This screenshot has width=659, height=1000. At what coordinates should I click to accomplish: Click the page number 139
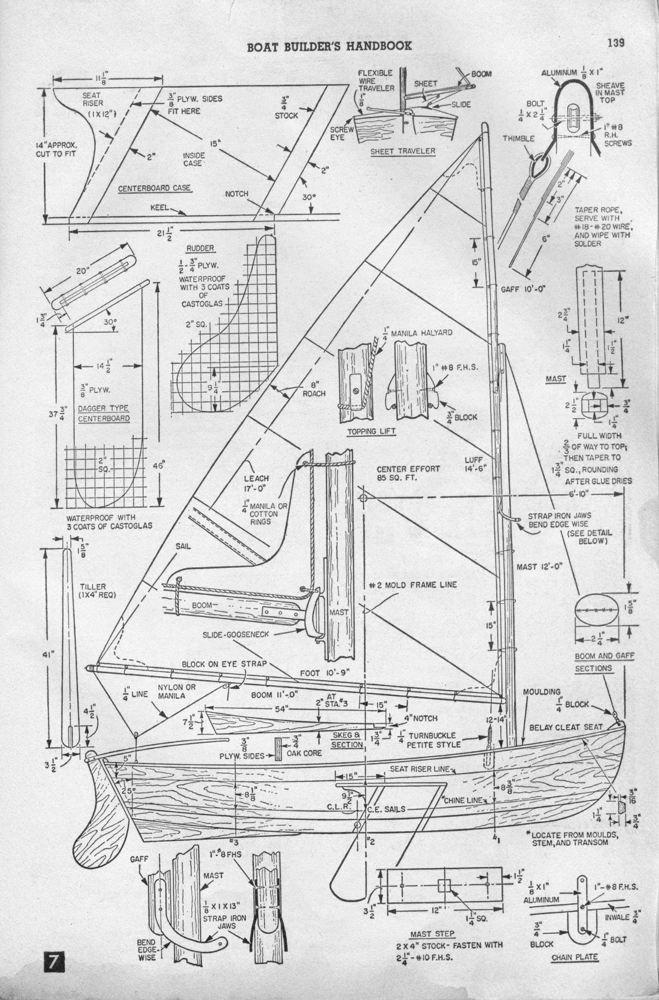615,43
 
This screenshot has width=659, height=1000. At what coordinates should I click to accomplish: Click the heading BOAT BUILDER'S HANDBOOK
330,46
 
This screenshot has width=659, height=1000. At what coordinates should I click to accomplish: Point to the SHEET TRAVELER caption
402,151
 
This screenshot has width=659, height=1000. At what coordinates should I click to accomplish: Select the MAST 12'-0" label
539,566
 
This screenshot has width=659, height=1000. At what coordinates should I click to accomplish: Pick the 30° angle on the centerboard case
309,196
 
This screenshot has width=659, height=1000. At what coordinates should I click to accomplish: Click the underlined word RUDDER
200,248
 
